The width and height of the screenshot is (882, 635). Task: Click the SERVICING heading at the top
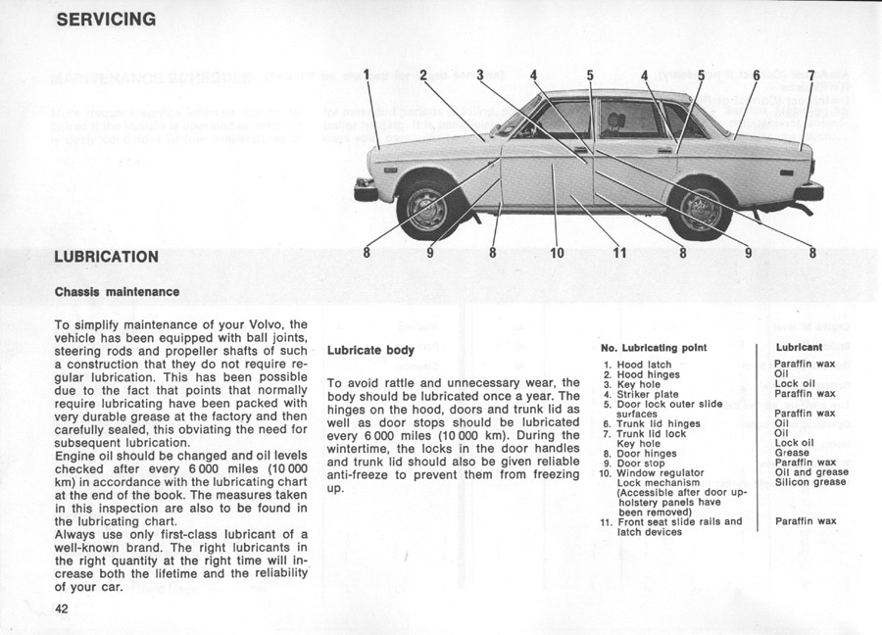coord(106,19)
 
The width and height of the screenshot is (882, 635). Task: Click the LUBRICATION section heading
coord(107,257)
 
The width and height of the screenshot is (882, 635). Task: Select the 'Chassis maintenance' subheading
coord(117,291)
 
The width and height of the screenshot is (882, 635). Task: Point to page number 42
coord(64,608)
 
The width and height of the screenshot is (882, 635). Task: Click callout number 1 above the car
coord(367,74)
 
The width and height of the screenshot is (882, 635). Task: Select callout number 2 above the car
coord(422,74)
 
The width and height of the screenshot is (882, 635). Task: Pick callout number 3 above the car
coord(480,74)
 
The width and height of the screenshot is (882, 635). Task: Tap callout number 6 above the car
coord(756,74)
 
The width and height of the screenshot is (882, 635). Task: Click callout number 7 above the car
coord(810,74)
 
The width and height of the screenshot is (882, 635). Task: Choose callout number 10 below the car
coord(557,253)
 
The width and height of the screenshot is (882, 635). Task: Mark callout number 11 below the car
coord(619,253)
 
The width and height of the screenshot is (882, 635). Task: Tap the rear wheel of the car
coord(701,208)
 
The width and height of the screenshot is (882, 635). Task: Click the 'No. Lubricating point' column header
coord(653,347)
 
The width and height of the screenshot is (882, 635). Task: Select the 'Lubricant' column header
coord(799,347)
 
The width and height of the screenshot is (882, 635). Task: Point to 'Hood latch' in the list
coord(644,365)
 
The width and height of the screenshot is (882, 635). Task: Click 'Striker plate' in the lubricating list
coord(647,394)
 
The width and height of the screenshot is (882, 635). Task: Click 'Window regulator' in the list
coord(660,472)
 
